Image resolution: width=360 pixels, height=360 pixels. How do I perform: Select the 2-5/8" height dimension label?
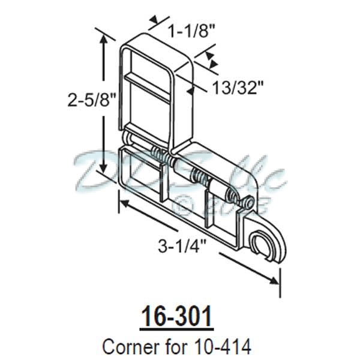[83, 99]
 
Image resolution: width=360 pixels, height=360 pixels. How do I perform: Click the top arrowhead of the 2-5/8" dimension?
[106, 37]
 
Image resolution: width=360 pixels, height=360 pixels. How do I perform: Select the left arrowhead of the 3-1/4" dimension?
[122, 204]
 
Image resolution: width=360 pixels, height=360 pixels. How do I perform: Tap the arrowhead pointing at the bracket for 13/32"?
[191, 91]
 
